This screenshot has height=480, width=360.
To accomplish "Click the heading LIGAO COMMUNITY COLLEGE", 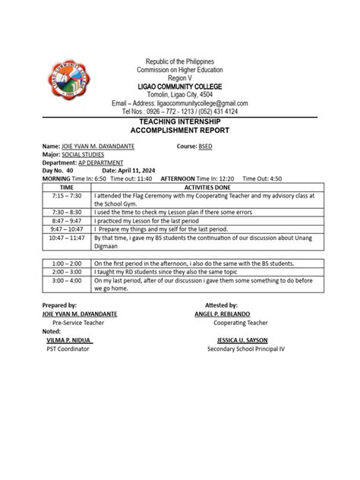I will coord(180,86).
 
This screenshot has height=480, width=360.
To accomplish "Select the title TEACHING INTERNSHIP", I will coord(180,121).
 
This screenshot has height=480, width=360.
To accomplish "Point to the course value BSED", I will coord(205,145).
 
